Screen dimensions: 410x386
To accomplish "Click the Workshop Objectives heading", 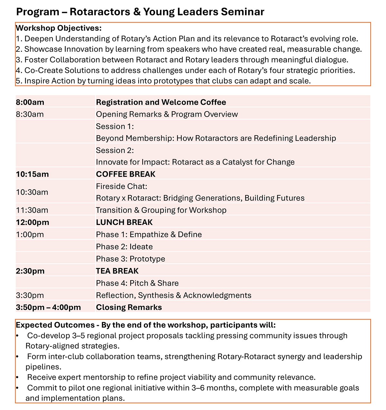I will click(59, 28).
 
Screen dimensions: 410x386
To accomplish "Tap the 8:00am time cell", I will click(30, 102).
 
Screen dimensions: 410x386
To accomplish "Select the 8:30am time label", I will click(30, 114).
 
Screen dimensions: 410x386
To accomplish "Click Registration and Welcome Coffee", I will click(161, 102).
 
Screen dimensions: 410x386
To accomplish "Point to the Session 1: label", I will click(115, 126).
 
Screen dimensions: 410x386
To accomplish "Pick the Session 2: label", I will click(115, 150).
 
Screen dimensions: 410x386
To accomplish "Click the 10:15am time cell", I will click(32, 174).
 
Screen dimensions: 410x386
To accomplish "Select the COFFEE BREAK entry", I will click(125, 174).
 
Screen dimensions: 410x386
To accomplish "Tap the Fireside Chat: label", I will click(121, 186).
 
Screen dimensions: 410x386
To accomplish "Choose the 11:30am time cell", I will click(32, 210).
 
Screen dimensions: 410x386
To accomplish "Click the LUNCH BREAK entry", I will click(124, 222).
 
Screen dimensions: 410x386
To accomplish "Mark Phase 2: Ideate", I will click(124, 247).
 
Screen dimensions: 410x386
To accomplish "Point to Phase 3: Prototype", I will click(130, 259).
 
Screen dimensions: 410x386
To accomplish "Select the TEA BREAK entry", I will click(117, 271).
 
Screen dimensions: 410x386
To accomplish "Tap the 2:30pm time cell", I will click(30, 271).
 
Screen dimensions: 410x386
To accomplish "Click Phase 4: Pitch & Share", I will click(137, 283).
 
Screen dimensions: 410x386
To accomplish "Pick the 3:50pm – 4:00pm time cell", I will click(48, 307).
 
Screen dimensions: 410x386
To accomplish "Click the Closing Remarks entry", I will click(129, 307).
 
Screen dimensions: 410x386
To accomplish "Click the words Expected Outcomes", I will click(55, 325).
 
